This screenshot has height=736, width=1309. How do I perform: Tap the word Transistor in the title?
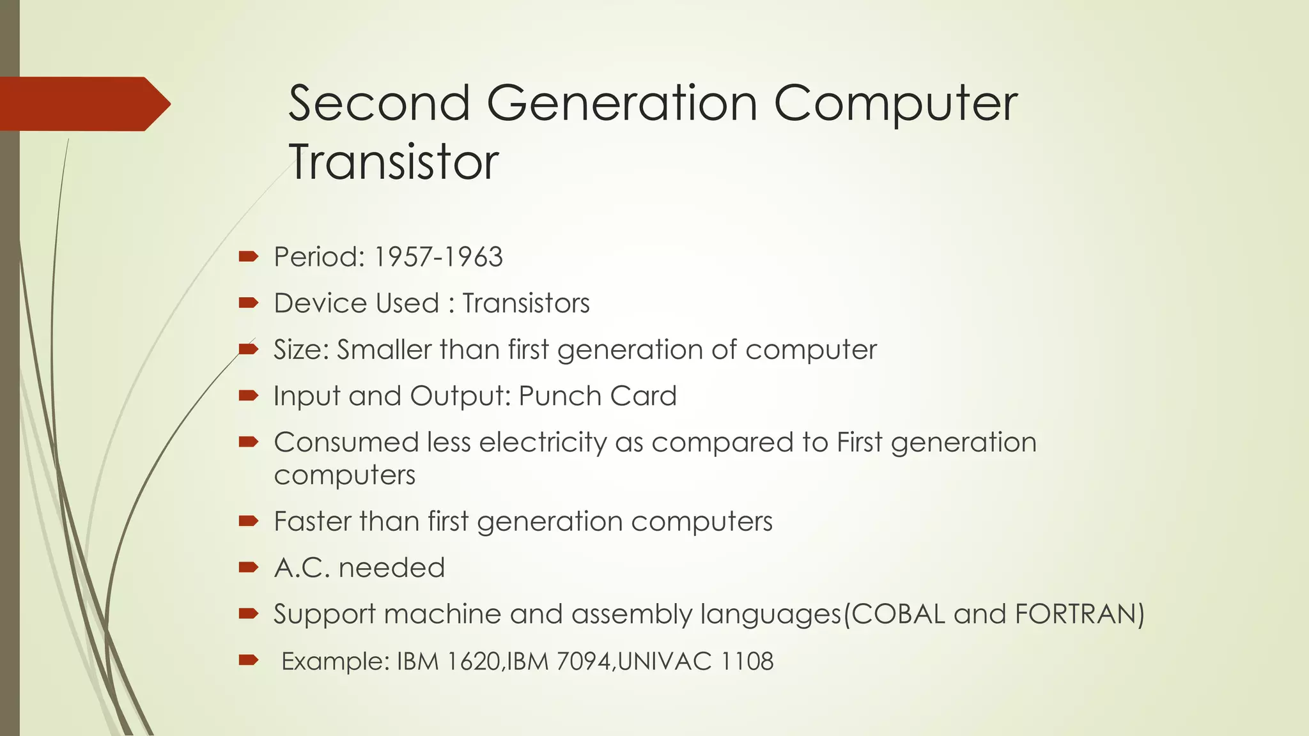tap(393, 162)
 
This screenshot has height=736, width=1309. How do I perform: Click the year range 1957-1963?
tap(438, 257)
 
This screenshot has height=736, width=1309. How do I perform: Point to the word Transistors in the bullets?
tap(525, 303)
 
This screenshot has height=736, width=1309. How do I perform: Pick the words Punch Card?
tap(597, 396)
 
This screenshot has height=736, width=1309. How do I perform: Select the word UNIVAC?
tap(665, 661)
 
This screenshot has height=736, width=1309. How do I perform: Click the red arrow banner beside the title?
tap(83, 103)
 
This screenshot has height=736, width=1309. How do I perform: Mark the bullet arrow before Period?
tap(248, 257)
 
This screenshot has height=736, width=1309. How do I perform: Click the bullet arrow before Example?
tap(248, 660)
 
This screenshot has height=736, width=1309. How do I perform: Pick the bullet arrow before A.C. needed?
tap(248, 567)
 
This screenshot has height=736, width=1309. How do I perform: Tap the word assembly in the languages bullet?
tap(632, 614)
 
